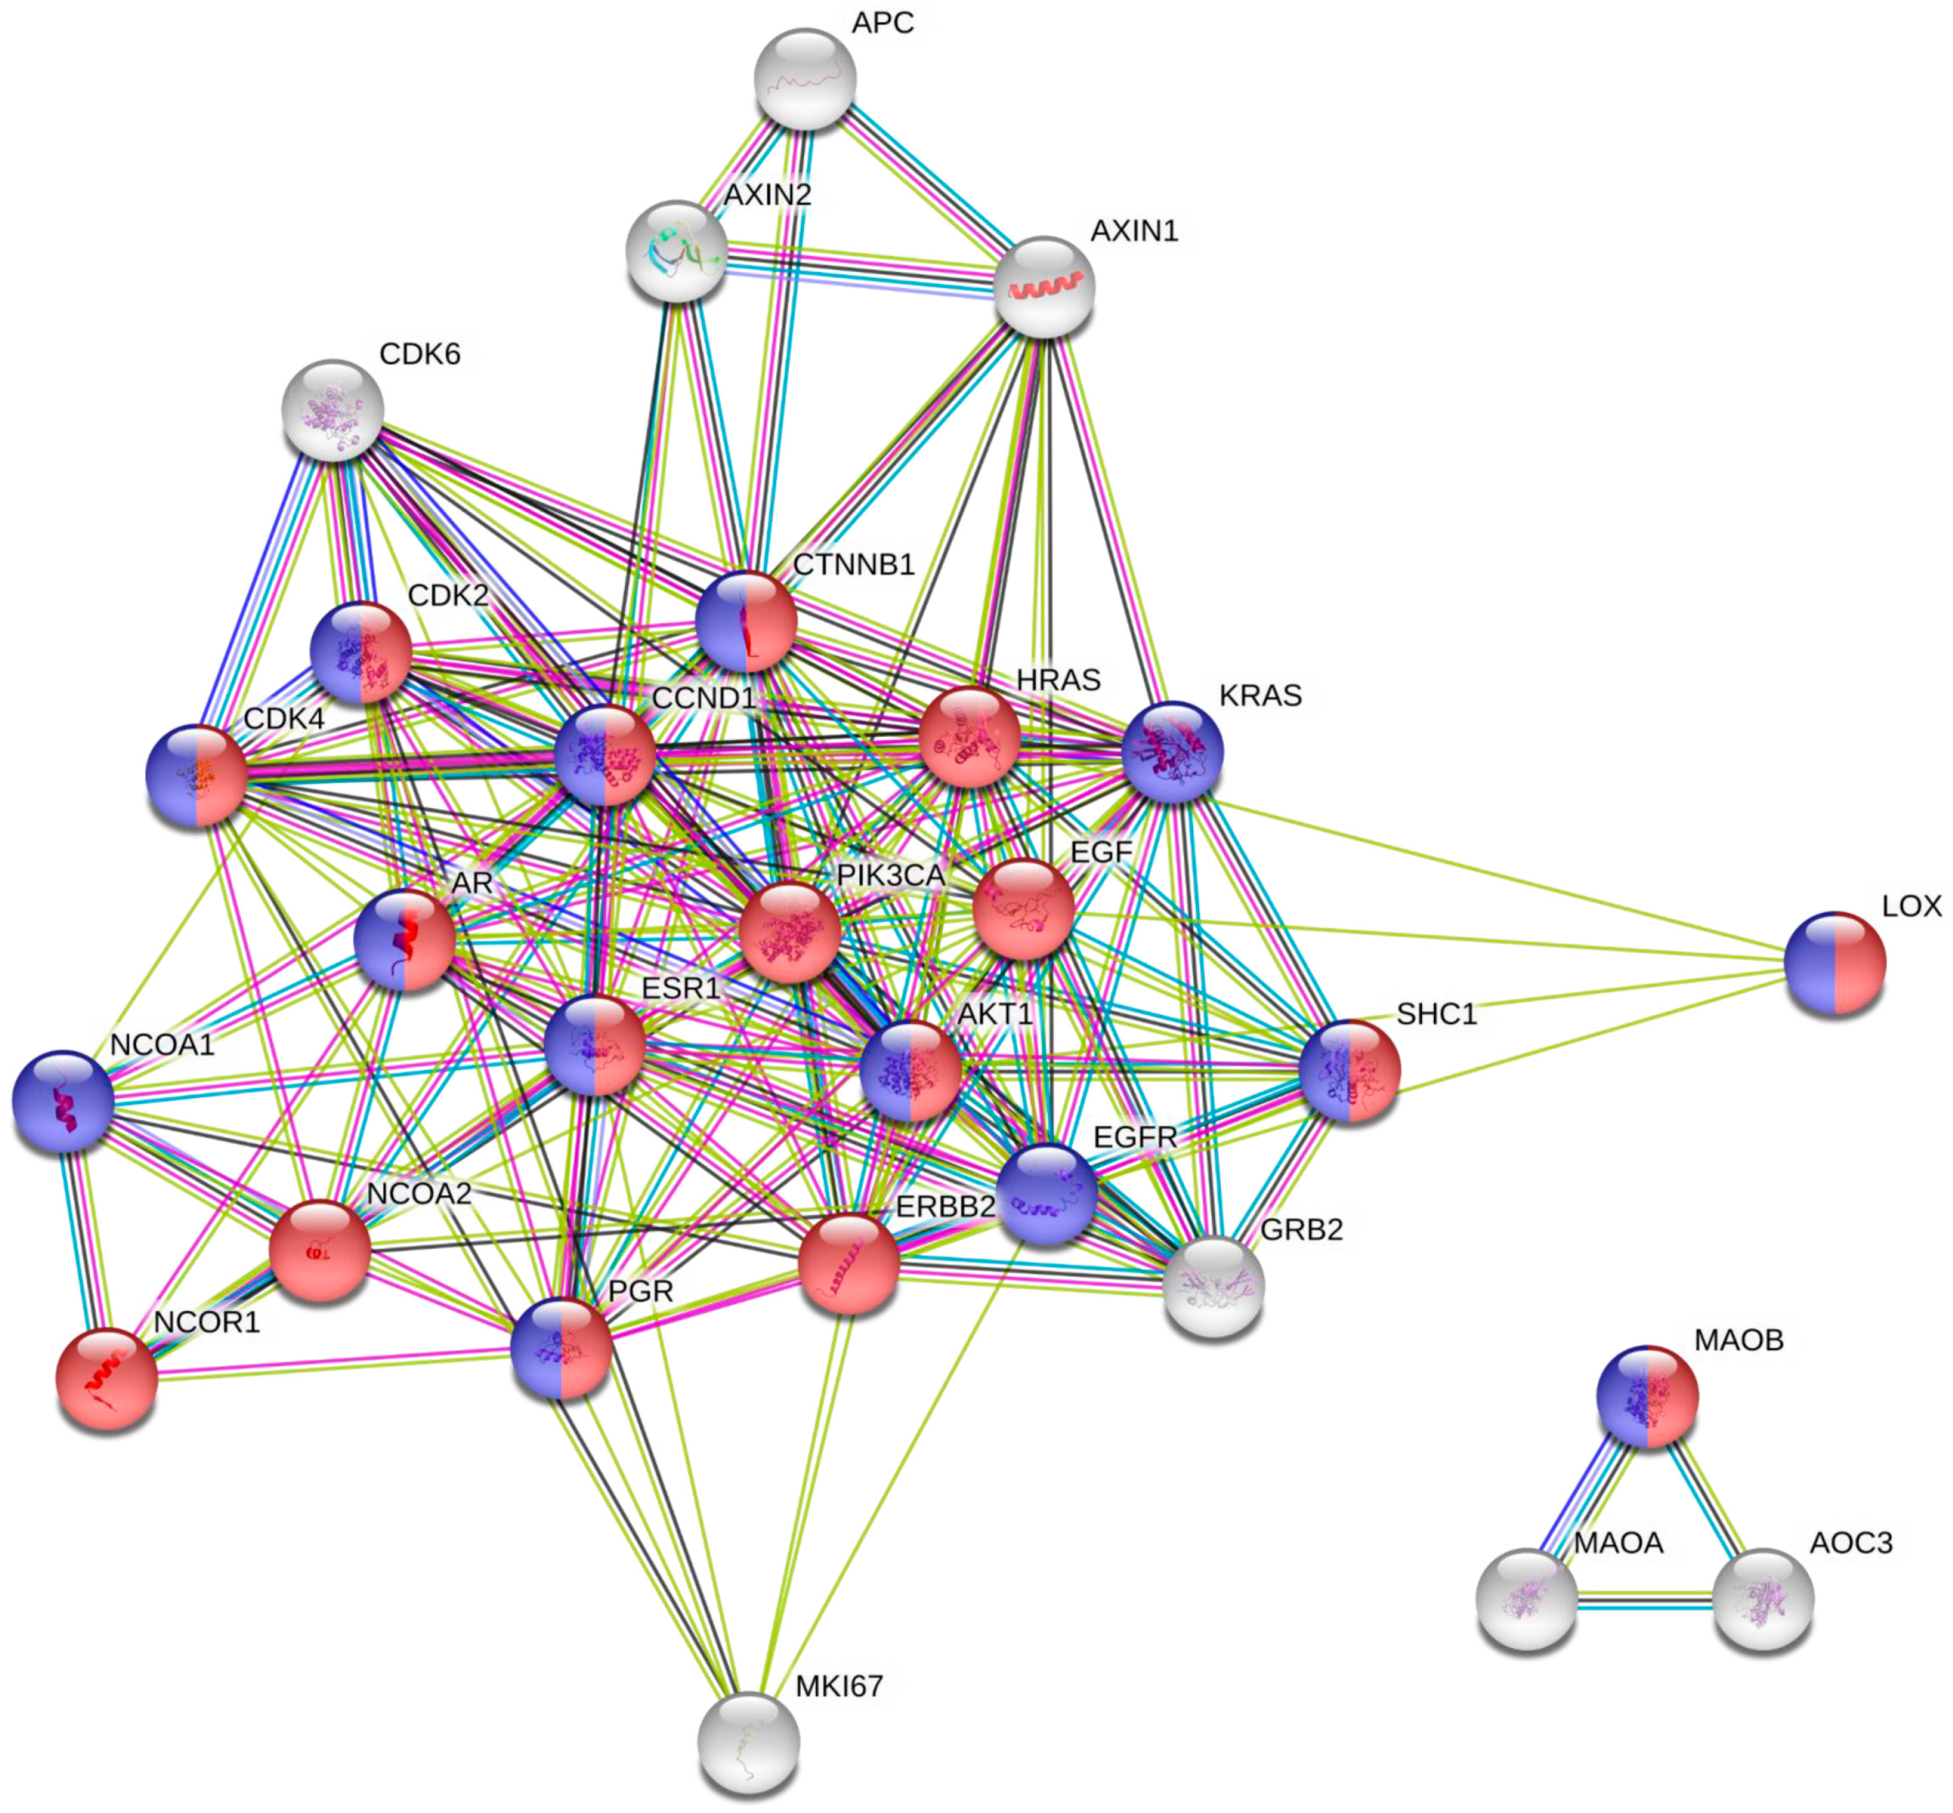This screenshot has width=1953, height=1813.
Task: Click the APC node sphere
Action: (x=804, y=79)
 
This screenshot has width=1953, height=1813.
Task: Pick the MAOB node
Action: (x=1647, y=1396)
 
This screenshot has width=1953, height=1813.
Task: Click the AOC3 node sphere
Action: (x=1763, y=1599)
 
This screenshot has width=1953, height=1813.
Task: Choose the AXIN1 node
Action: (x=1044, y=287)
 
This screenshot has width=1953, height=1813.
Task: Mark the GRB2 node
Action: (x=1214, y=1286)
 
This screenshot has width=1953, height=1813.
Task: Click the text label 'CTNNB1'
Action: (x=853, y=565)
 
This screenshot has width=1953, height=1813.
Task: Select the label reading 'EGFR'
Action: (x=1135, y=1137)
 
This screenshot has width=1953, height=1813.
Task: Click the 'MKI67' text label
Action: (x=839, y=1687)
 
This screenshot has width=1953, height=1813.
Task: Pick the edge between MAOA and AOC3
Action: (x=1645, y=1600)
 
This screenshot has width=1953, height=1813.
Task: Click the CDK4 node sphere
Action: (x=196, y=776)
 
